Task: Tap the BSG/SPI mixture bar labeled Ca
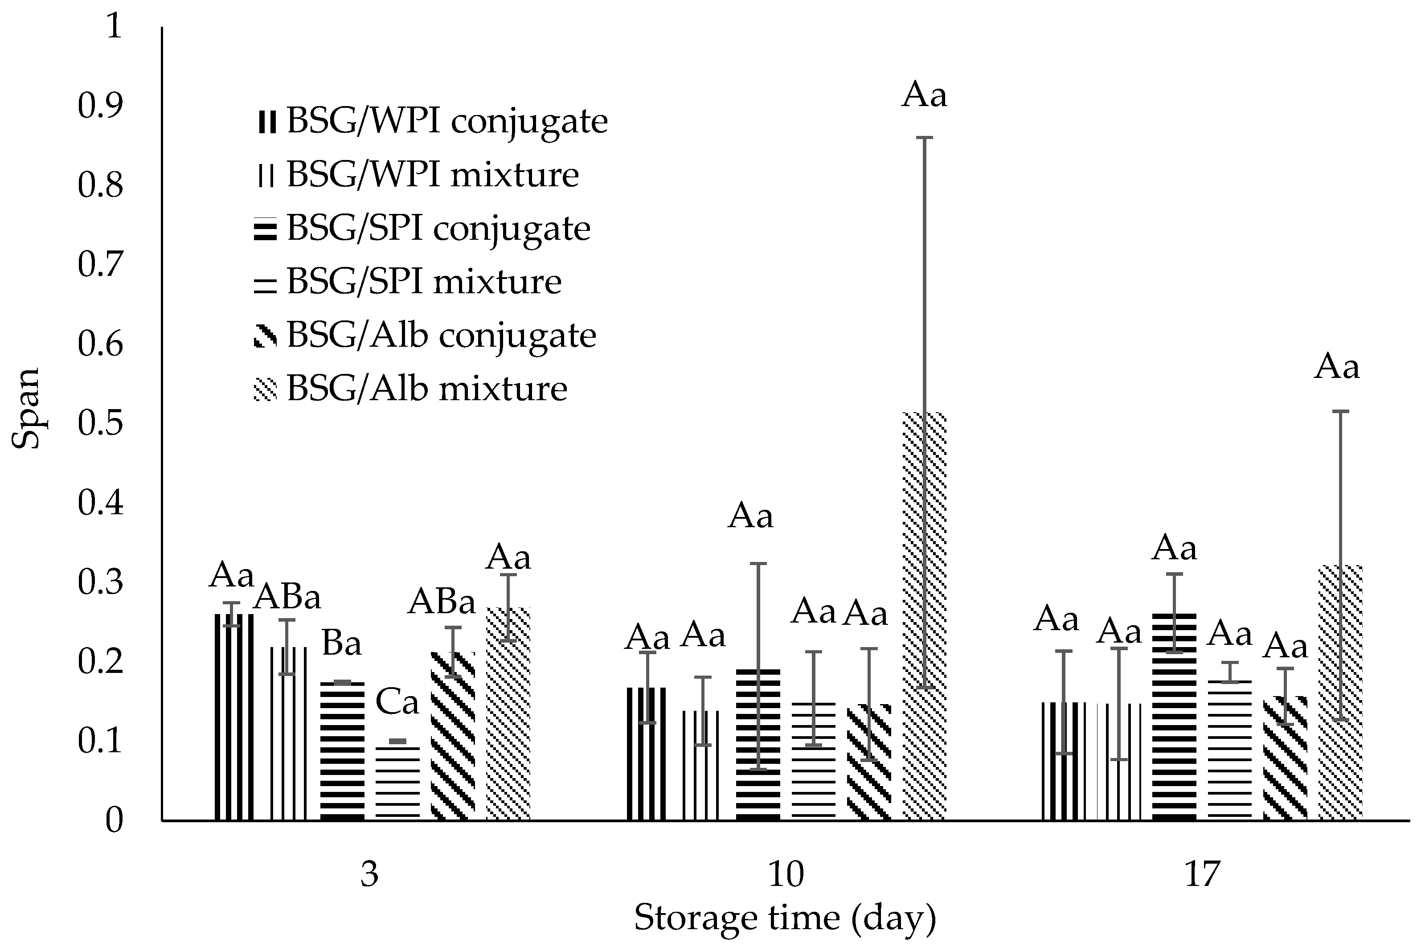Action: point(398,783)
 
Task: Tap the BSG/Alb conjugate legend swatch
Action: point(265,336)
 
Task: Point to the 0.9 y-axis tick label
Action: point(101,105)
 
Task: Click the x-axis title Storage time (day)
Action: point(786,918)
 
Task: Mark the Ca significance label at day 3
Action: point(397,703)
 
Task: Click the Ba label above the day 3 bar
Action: point(341,644)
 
